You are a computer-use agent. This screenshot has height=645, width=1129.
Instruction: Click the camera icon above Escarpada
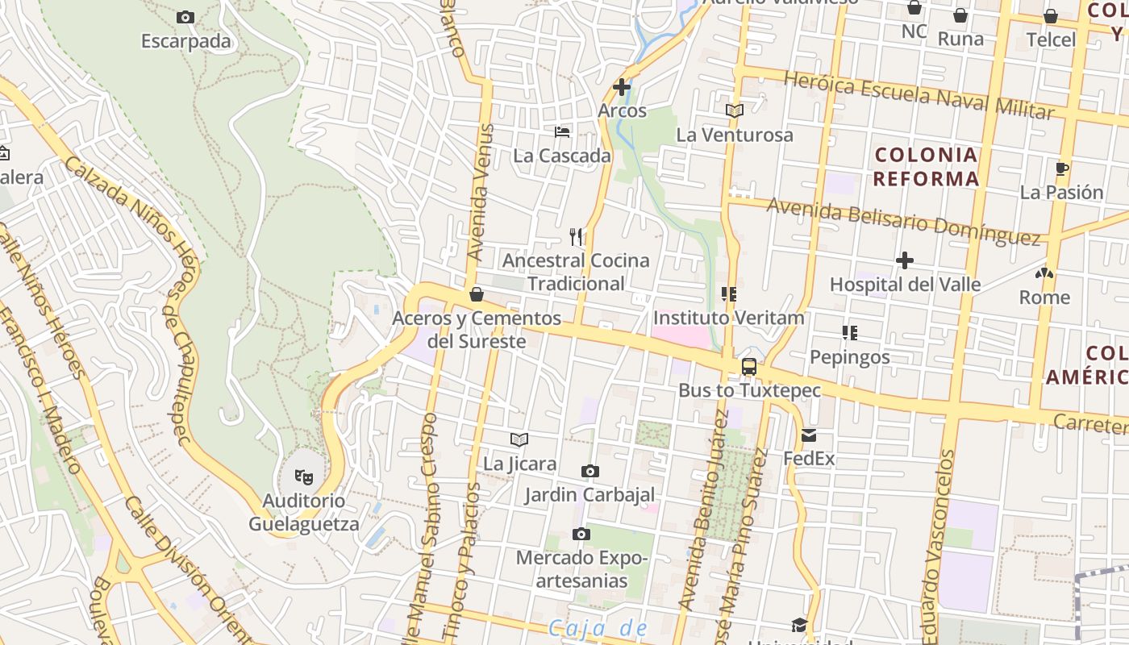coord(185,17)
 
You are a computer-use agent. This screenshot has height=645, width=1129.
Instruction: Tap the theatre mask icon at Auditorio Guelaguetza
coord(303,476)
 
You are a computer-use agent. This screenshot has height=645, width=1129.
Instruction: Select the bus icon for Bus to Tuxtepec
coord(749,367)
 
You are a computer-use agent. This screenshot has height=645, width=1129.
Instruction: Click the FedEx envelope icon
coord(809,436)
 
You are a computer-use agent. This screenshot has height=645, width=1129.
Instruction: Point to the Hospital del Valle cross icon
coord(905,260)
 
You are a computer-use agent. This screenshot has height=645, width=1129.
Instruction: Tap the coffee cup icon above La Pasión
coord(1062,169)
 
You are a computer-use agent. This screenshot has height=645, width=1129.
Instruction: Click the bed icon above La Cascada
coord(562,131)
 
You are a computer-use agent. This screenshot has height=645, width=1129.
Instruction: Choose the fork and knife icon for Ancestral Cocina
coord(576,236)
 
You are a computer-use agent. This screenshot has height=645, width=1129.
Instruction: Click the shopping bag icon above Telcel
coord(1051,16)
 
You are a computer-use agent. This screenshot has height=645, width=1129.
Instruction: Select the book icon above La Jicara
coord(519,439)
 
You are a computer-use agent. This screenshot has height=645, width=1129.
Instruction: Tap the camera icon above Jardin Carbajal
coord(590,471)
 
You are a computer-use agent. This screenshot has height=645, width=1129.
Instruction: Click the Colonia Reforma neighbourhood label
coord(926,167)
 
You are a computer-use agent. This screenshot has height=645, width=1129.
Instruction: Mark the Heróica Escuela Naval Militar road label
coord(919,95)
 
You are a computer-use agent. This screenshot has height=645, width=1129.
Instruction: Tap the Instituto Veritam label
coord(729,318)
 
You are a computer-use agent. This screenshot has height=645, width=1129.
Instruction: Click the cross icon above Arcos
coord(622,86)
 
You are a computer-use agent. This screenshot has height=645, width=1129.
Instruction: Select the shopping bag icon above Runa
coord(960,15)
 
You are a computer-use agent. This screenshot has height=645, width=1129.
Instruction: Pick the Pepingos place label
coord(850,356)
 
